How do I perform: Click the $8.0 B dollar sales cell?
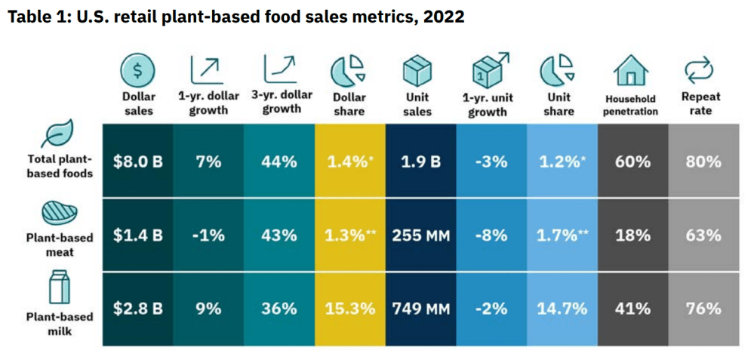pos(137,162)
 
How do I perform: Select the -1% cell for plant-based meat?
pos(208,235)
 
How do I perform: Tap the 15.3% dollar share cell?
pos(349,308)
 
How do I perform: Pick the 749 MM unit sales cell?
pos(420,308)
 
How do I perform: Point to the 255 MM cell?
pos(420,235)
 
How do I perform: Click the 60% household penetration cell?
pos(632,162)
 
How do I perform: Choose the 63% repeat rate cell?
pos(703,235)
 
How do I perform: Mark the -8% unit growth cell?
pos(491,235)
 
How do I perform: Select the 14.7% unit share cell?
pos(561,308)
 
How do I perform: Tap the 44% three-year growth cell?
pos(279,162)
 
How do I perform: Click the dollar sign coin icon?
pos(137,71)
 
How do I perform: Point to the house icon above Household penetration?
pos(630,70)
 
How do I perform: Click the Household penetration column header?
pos(630,105)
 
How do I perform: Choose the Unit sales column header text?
pos(417,104)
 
